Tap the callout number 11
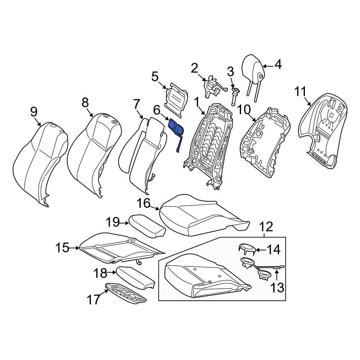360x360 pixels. (x=300, y=91)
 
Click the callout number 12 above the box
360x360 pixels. (x=266, y=227)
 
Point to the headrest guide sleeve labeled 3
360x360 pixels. (x=235, y=96)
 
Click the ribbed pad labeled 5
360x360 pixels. (x=176, y=100)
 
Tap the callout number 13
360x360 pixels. (x=277, y=287)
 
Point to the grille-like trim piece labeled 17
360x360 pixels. (x=126, y=293)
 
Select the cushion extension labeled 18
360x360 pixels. (x=135, y=277)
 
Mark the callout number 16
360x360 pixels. (x=144, y=203)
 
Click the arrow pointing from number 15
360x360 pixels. (x=75, y=248)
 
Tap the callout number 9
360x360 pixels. (x=33, y=112)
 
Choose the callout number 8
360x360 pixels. (x=85, y=103)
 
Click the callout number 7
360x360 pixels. (x=136, y=104)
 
